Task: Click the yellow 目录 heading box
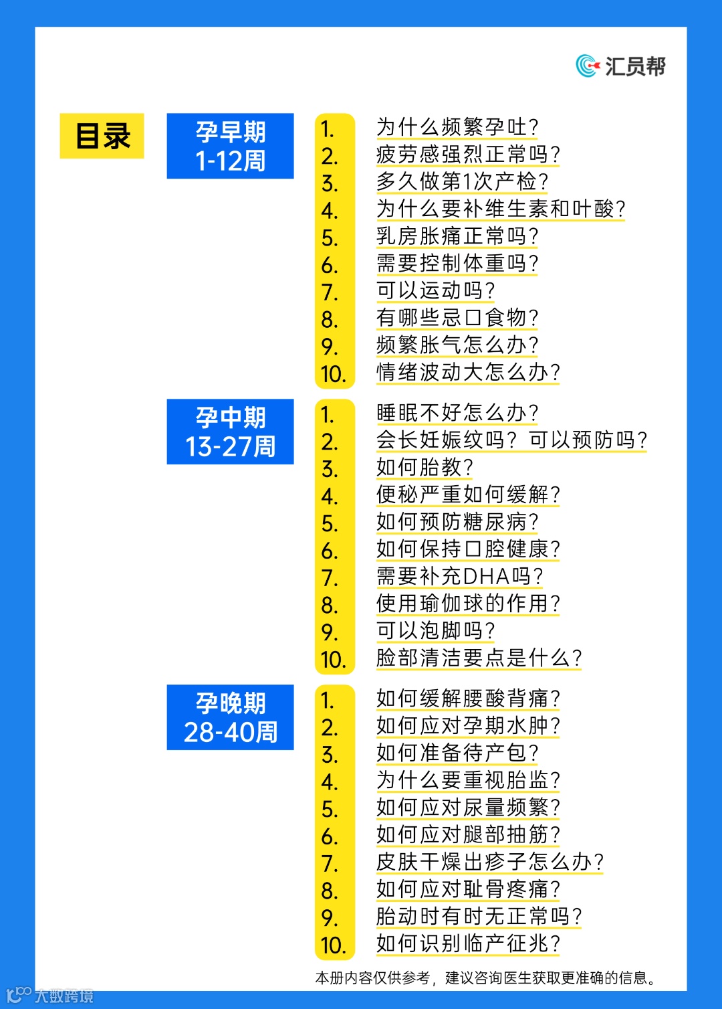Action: point(102,136)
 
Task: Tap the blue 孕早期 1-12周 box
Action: point(230,146)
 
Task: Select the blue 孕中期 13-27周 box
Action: point(230,432)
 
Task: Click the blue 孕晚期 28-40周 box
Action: point(230,717)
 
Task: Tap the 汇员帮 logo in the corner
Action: point(621,66)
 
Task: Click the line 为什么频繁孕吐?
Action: point(457,127)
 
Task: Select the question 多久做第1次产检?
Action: point(462,181)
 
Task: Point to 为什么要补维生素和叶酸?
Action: point(501,209)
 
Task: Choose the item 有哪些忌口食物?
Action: point(457,317)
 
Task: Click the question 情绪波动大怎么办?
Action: point(468,372)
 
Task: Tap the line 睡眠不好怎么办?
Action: point(457,413)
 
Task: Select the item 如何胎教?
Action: point(425,467)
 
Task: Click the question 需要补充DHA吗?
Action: point(459,576)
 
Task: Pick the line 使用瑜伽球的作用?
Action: point(468,604)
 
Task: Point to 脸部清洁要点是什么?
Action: point(479,658)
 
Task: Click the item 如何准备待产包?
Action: point(457,753)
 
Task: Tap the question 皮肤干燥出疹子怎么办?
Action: point(490,862)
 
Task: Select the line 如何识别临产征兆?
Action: point(468,943)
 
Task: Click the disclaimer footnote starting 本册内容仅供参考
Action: point(486,978)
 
